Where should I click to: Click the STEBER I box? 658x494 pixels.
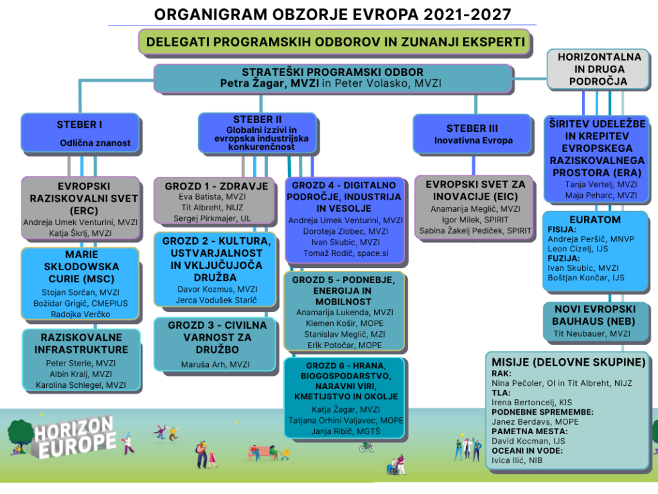[80, 133]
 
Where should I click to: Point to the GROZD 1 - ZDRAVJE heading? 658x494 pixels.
[216, 186]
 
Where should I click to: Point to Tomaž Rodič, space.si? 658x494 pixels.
[345, 253]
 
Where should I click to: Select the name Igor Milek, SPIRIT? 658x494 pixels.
[473, 220]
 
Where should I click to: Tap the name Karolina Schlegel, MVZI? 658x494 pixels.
[81, 385]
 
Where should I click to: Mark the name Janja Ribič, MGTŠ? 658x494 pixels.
[345, 431]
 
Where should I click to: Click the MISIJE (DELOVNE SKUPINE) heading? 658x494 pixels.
[568, 362]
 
